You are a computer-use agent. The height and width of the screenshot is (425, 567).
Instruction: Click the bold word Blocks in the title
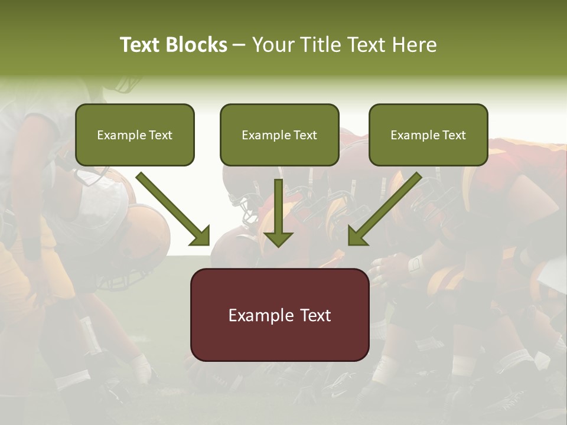[x=196, y=45]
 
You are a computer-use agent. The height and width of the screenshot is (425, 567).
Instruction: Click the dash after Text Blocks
[x=239, y=45]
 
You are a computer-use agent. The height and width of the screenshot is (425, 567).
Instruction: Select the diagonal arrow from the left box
[x=171, y=207]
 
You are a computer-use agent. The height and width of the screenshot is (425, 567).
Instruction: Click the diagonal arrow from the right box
[x=387, y=207]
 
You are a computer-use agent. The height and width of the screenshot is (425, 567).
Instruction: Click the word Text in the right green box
[x=454, y=135]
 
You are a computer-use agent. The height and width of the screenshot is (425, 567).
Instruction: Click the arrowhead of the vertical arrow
[x=278, y=238]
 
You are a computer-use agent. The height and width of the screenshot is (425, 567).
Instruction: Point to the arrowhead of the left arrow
[x=200, y=236]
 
